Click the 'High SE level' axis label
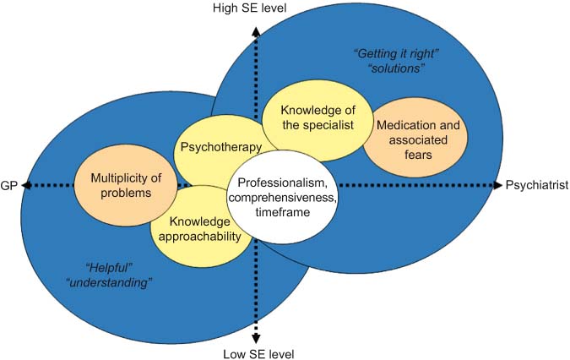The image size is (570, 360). [x=256, y=8]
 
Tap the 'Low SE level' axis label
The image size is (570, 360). [x=256, y=352]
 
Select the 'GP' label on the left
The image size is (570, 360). [x=11, y=185]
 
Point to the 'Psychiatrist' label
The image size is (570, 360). [x=535, y=185]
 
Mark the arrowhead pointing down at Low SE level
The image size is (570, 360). [x=256, y=335]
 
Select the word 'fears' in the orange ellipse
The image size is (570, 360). [x=414, y=155]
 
